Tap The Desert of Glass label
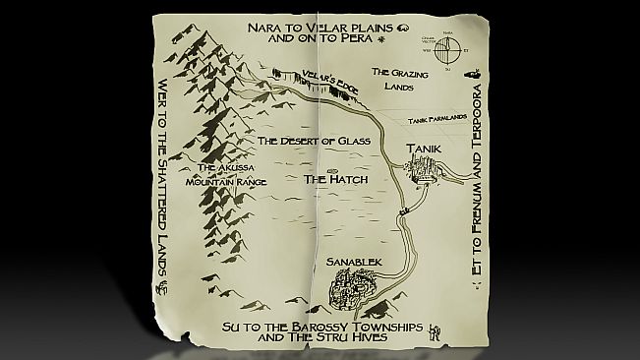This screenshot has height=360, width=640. (313, 142)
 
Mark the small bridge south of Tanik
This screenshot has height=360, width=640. (402, 212)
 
